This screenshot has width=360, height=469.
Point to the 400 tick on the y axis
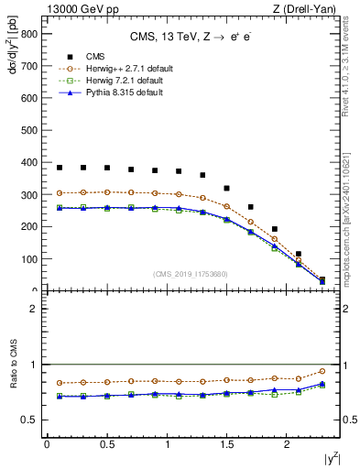[28, 162]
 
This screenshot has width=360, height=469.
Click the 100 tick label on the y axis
[28, 259]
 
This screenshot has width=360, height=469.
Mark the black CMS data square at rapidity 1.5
[226, 188]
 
